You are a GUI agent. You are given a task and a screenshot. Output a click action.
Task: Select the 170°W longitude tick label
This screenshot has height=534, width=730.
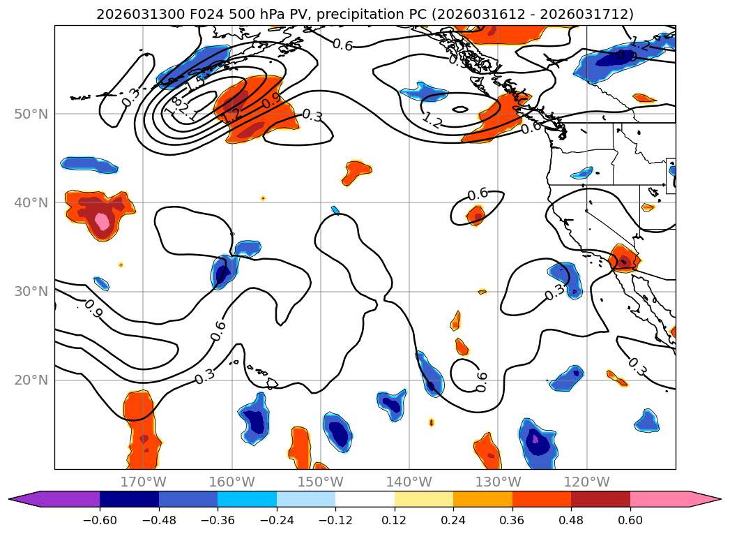143,482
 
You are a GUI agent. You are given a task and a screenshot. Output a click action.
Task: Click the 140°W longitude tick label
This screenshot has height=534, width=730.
409,482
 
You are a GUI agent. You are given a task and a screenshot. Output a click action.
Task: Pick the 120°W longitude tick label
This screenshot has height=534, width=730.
586,482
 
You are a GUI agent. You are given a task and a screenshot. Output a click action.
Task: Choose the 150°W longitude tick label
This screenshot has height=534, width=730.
320,482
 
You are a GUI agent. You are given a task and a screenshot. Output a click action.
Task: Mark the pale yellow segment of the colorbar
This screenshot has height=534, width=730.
424,499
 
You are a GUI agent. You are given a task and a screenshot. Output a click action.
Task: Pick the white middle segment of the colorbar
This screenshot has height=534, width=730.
365,499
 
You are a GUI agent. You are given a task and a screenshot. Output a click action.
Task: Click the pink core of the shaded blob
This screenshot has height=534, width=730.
102,221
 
